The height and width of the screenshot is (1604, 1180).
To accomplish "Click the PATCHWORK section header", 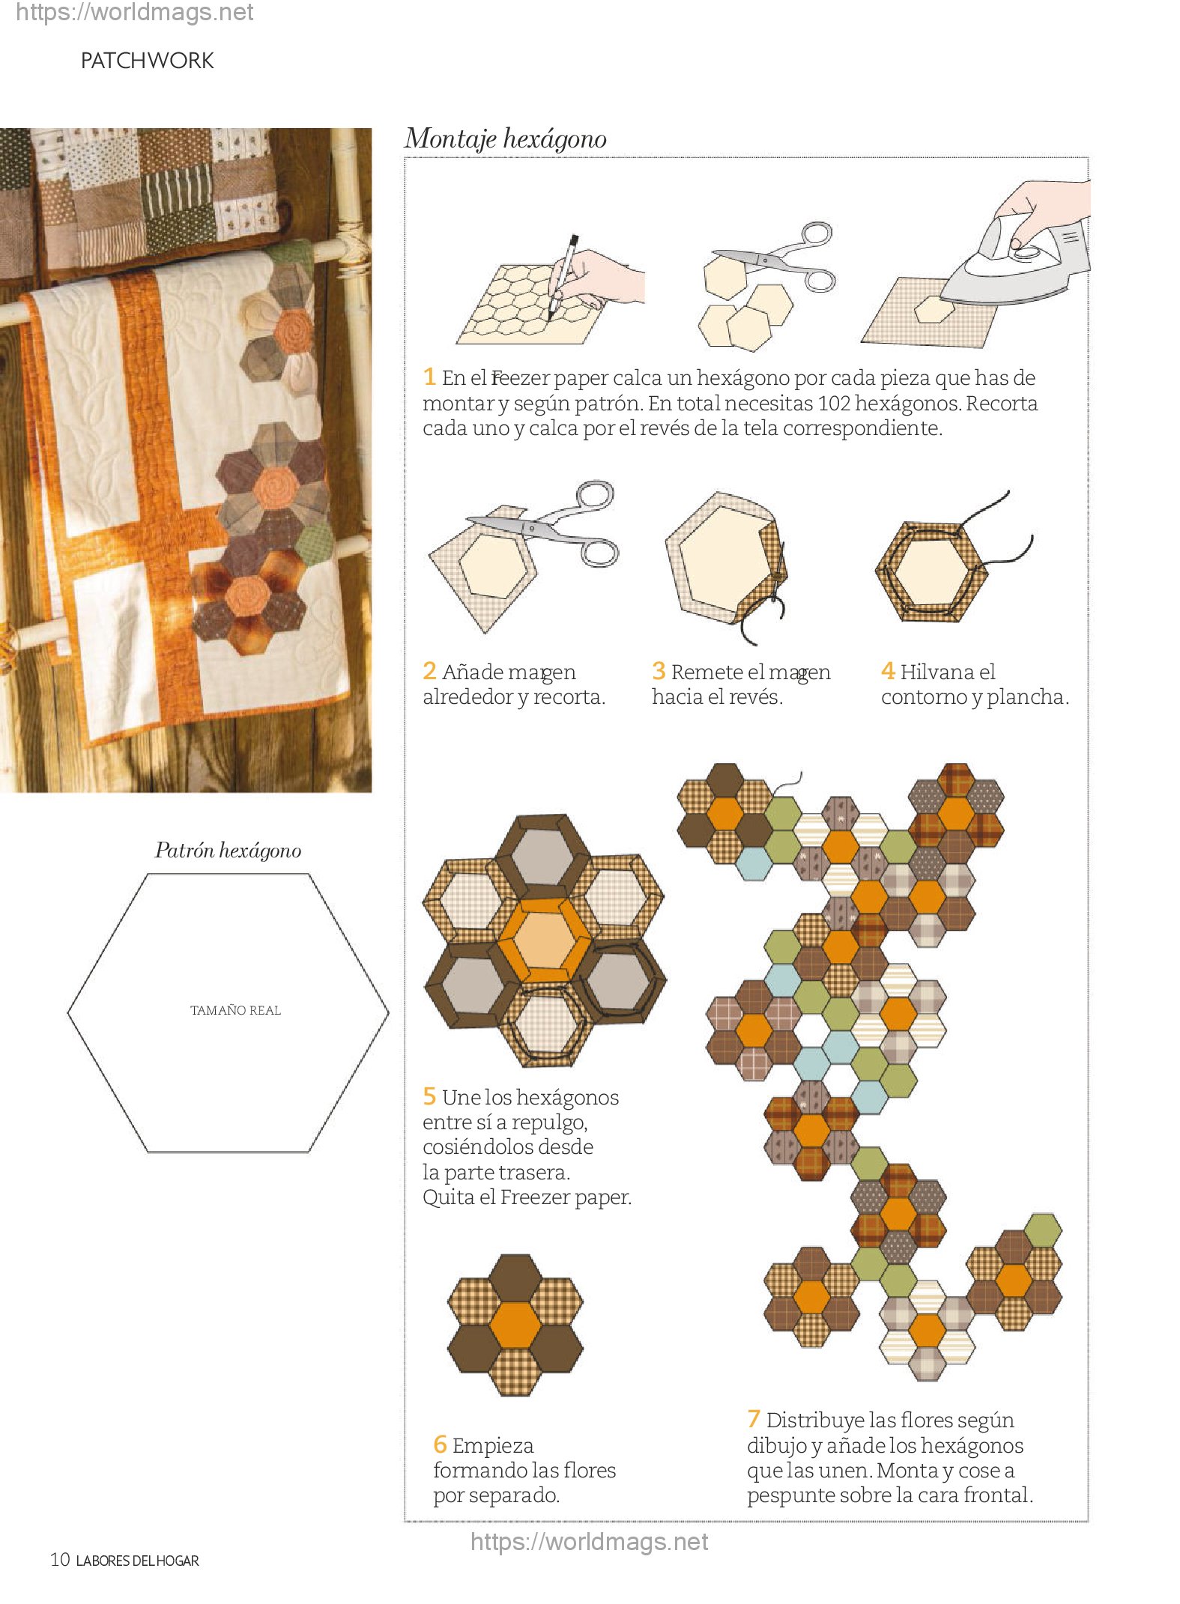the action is pyautogui.click(x=147, y=61).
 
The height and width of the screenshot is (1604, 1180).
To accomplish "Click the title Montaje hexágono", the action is pyautogui.click(x=506, y=139).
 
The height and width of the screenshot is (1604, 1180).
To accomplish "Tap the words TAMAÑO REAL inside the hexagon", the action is pyautogui.click(x=235, y=1010).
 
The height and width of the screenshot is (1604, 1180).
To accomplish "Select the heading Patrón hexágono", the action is pyautogui.click(x=228, y=851).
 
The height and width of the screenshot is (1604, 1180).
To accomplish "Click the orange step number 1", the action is pyautogui.click(x=429, y=376).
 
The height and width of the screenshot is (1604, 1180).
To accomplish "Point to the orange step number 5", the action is pyautogui.click(x=429, y=1096).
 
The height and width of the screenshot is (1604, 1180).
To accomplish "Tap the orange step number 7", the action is pyautogui.click(x=754, y=1418).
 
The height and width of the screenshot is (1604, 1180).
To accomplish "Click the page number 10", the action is pyautogui.click(x=60, y=1560).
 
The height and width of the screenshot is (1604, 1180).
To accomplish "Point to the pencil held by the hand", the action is pyautogui.click(x=563, y=276).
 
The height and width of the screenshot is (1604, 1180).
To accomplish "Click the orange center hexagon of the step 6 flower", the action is pyautogui.click(x=515, y=1325).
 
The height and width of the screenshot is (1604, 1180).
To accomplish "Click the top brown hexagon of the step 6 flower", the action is pyautogui.click(x=515, y=1278).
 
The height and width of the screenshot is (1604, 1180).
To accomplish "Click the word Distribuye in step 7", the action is pyautogui.click(x=814, y=1420).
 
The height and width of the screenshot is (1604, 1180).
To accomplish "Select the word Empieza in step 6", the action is pyautogui.click(x=493, y=1445).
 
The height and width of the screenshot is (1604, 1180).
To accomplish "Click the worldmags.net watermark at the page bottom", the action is pyautogui.click(x=589, y=1542).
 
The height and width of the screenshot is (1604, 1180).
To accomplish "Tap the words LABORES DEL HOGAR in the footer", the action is pyautogui.click(x=138, y=1561).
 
